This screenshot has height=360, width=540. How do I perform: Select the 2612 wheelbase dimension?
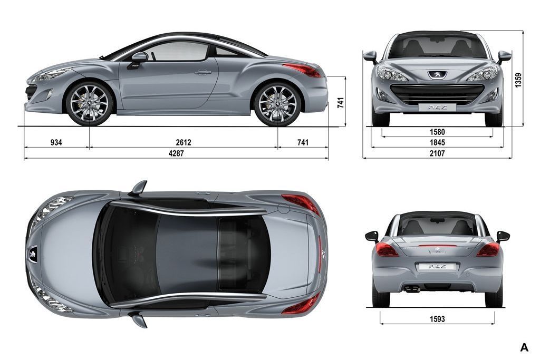pyautogui.click(x=183, y=143)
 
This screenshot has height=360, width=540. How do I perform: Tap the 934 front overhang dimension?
pyautogui.click(x=56, y=143)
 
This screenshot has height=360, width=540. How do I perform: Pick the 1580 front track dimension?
pyautogui.click(x=437, y=132)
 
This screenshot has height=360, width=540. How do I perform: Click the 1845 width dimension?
pyautogui.click(x=437, y=142)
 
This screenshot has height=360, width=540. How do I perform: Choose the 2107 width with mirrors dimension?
pyautogui.click(x=437, y=153)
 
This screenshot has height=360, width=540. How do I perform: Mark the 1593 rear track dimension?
pyautogui.click(x=437, y=319)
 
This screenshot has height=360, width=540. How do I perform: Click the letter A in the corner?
pyautogui.click(x=524, y=347)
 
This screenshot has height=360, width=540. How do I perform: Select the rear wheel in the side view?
pyautogui.click(x=277, y=103)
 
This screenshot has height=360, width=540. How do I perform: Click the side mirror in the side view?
pyautogui.click(x=139, y=57)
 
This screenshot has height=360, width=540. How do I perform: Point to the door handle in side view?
pyautogui.click(x=202, y=72)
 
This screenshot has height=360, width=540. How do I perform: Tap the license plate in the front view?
pyautogui.click(x=433, y=108)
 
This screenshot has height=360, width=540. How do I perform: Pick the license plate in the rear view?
pyautogui.click(x=433, y=267)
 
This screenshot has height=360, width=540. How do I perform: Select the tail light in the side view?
pyautogui.click(x=302, y=70)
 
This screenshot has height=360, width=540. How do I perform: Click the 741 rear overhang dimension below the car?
pyautogui.click(x=302, y=143)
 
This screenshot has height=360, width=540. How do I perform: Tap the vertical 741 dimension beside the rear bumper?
pyautogui.click(x=341, y=103)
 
